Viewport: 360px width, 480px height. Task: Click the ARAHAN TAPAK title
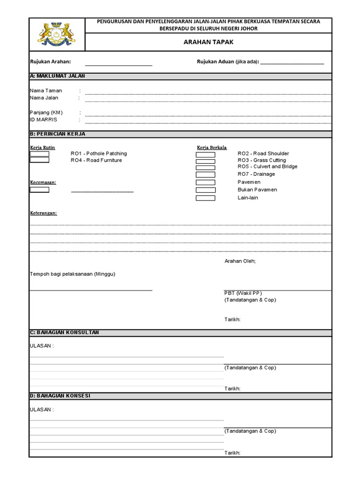point(208,42)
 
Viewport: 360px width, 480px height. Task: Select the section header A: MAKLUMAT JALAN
point(58,76)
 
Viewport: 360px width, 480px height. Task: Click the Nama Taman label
point(46,90)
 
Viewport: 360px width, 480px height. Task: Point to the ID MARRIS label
point(44,120)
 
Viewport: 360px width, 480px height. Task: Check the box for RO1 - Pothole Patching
point(39,154)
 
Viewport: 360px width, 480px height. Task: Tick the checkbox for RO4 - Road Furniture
point(39,160)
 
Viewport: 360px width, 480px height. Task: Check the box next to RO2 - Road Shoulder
point(205,155)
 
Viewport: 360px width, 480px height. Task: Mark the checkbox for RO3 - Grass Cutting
point(205,161)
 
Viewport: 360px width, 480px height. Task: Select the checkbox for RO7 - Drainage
point(205,174)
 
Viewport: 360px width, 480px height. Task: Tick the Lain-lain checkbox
point(205,198)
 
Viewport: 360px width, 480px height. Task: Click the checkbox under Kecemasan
point(39,190)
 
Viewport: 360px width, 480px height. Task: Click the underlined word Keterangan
point(44,213)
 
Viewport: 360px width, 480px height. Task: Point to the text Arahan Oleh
point(240,261)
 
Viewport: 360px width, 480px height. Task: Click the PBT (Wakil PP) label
point(243,293)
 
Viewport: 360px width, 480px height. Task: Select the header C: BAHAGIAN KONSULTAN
point(65,332)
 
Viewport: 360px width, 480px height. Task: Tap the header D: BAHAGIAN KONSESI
point(60,396)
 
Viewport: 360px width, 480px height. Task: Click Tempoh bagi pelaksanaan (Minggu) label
point(73,274)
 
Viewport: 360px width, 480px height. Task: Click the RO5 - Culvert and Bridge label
point(267,166)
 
